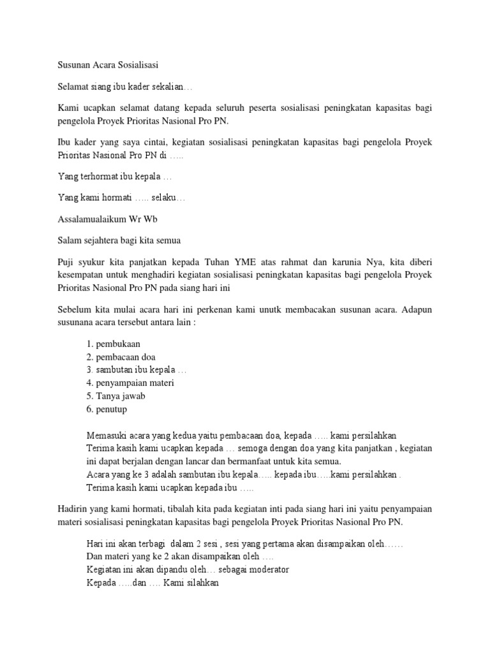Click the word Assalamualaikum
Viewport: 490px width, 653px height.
[x=91, y=219]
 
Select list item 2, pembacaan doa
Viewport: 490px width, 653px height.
[x=121, y=356]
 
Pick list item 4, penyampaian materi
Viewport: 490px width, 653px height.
[x=130, y=383]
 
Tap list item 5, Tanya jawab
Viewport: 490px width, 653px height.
[x=115, y=395]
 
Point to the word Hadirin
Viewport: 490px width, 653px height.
[x=72, y=508]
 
